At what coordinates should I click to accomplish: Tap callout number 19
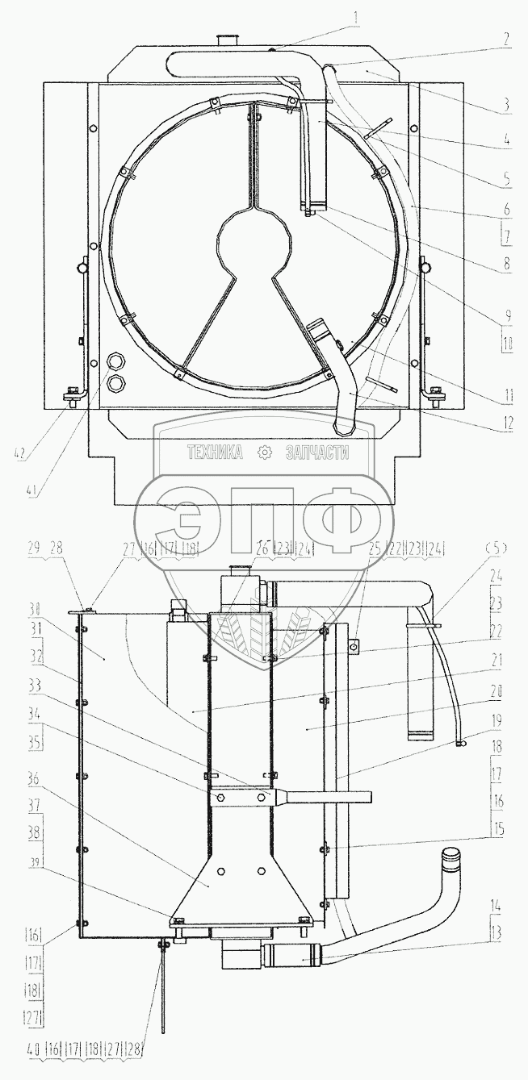[497, 721]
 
